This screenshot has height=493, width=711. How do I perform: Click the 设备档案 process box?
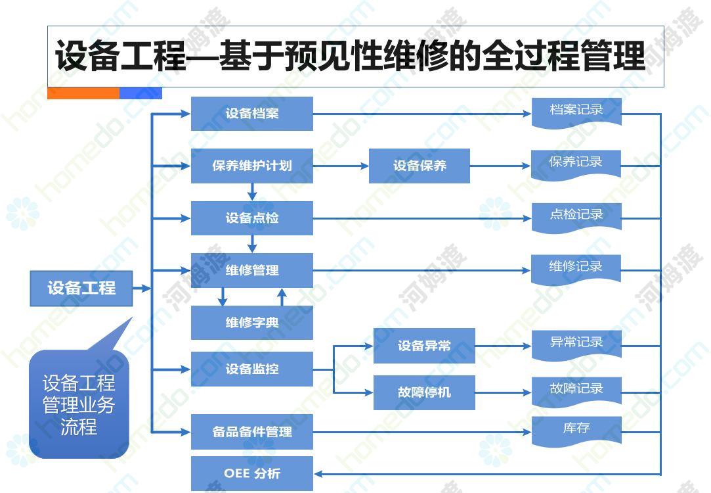coord(251,114)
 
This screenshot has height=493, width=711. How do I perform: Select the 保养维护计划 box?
coord(251,166)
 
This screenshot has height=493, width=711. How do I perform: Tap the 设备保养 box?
coord(419,166)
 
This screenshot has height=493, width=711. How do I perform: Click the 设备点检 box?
coord(251,218)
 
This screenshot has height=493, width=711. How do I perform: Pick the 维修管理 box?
coord(251,270)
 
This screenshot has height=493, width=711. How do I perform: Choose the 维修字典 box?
coord(251,322)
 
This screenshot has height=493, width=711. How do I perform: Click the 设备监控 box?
coord(251,369)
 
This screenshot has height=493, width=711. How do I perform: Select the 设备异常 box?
coord(424,346)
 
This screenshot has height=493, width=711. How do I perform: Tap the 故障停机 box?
coord(424,392)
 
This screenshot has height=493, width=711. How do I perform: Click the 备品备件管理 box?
coord(251,432)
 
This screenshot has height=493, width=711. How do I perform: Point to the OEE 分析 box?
coord(251,473)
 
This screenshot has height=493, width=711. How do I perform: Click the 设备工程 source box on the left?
coord(81,289)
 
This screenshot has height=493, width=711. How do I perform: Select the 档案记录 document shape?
coord(576,113)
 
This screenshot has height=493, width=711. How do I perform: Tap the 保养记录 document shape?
coord(576,165)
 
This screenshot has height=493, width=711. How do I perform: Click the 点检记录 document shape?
coord(576,218)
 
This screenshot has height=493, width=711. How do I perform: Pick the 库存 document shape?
coord(576,431)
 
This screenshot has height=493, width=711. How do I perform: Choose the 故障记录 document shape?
coord(576,392)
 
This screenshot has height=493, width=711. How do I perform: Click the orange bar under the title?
coord(83,93)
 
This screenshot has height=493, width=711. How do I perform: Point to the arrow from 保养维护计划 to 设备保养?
coord(341,166)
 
